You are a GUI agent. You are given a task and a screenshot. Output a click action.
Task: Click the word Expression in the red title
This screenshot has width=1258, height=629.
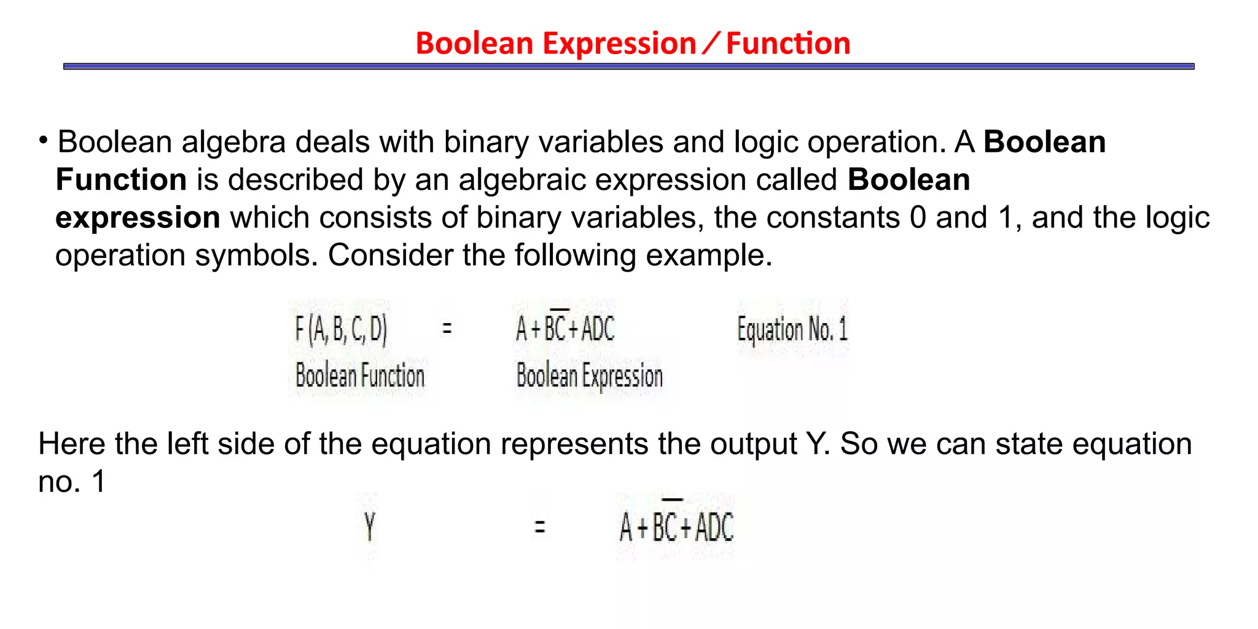619,44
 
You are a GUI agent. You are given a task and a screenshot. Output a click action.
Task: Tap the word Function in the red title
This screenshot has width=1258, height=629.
788,44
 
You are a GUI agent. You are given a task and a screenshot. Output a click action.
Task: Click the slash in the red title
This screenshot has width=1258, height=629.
711,43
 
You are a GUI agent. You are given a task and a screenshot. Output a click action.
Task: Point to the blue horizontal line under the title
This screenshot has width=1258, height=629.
628,66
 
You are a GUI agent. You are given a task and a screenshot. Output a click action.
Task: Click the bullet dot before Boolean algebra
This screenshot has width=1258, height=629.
43,141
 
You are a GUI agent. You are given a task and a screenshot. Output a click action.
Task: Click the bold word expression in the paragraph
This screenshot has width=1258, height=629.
138,218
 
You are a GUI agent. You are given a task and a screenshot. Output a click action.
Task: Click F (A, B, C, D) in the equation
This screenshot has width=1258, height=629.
341,329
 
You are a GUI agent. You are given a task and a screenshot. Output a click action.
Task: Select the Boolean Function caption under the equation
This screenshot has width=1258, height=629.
360,376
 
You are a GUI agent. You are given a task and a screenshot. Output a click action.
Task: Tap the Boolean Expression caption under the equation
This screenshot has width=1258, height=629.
590,376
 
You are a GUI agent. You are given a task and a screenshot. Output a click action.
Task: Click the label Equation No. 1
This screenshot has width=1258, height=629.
792,330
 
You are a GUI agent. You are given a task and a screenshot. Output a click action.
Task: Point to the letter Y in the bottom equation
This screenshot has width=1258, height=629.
369,526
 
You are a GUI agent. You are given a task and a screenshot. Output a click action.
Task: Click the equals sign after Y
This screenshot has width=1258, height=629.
539,526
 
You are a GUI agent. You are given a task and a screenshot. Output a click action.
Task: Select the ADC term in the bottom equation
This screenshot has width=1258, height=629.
714,528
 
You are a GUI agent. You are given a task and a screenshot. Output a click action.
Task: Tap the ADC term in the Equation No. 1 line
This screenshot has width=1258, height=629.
598,329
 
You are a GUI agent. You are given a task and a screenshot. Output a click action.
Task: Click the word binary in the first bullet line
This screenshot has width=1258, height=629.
486,143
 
